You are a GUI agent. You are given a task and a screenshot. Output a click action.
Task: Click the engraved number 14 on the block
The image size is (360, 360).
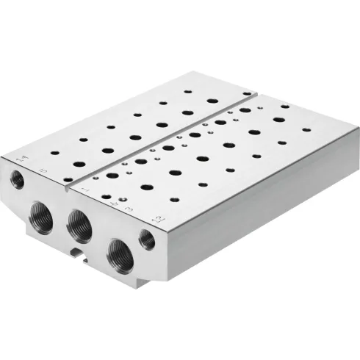click(x=20, y=156)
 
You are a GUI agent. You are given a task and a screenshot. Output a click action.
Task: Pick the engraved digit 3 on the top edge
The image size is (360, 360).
click(x=129, y=209)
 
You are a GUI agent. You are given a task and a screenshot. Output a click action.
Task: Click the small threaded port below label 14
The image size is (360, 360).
click(x=16, y=179)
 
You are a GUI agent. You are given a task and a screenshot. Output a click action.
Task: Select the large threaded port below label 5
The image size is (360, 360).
click(x=41, y=218)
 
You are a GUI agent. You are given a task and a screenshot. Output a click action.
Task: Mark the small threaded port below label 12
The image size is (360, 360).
click(x=147, y=240)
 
